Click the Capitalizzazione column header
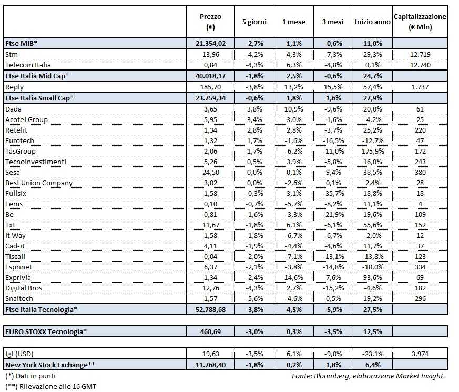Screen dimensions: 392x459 pos(420,22)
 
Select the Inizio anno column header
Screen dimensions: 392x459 pos(373,22)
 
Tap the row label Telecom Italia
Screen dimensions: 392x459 pos(28,65)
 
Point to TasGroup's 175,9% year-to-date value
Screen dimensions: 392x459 pos(372,151)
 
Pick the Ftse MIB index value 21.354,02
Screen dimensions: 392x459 pos(210,43)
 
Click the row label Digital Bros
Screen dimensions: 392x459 pos(24,288)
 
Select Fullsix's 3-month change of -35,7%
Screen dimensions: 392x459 pos(333,193)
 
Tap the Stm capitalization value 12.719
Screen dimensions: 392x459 pos(420,54)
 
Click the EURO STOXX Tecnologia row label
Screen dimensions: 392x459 pos(45,331)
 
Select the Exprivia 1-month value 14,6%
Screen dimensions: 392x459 pos(292,277)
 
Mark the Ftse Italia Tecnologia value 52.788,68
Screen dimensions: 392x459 pos(210,309)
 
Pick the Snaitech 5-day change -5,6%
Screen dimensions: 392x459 pos(254,298)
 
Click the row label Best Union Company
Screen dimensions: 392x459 pos(39,183)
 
